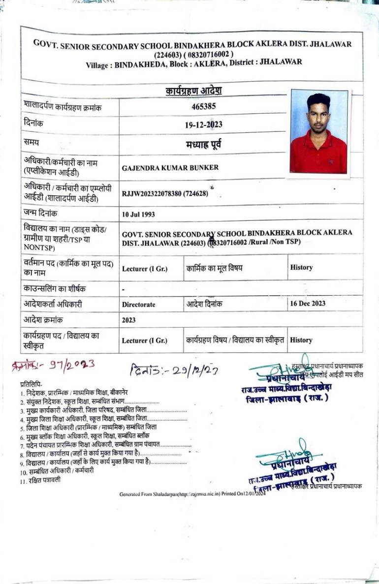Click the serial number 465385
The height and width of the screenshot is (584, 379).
pos(203,106)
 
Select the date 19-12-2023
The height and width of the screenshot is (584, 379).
pos(203,124)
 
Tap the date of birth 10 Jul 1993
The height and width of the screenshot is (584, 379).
pos(138,214)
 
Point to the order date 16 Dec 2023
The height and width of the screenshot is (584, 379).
pos(308,304)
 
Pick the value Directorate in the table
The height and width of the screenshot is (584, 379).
pos(138,305)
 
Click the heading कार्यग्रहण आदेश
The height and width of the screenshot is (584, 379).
pos(193,91)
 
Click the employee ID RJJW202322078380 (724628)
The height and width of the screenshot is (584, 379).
pos(165,193)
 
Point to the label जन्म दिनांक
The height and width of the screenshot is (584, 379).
pos(40,213)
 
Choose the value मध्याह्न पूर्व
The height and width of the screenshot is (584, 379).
pos(203,144)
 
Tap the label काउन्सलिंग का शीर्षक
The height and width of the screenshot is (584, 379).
pos(51,288)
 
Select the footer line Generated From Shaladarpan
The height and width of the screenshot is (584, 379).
pos(192,493)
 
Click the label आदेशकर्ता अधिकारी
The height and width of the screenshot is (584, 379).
pos(53,304)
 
